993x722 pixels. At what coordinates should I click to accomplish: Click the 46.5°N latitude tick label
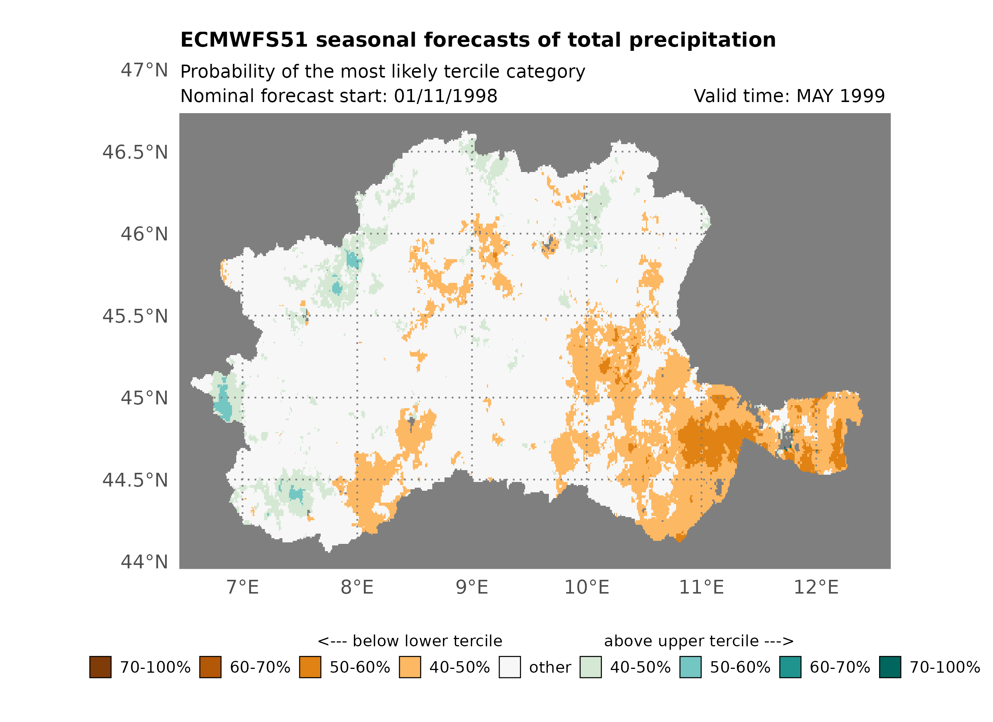(x=135, y=153)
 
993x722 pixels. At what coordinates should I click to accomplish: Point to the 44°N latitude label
(x=144, y=562)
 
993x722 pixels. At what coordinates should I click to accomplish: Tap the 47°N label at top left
(x=144, y=70)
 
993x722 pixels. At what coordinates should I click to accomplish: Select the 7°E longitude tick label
(x=243, y=587)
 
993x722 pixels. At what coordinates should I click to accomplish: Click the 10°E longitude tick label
(x=586, y=587)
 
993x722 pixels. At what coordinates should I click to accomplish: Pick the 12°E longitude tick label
(x=816, y=587)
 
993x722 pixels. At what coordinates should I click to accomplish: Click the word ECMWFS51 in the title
(x=244, y=40)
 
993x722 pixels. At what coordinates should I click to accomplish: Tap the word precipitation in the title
(x=702, y=40)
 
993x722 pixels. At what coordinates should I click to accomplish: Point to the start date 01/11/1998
(x=445, y=96)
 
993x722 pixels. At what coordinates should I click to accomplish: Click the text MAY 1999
(x=840, y=96)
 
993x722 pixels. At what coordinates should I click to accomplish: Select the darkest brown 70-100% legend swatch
(x=100, y=667)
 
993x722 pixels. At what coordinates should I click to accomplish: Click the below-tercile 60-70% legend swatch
(x=210, y=667)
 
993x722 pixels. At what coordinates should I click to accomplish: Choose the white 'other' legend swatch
(x=509, y=667)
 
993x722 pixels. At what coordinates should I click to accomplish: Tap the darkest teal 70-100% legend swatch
(x=890, y=667)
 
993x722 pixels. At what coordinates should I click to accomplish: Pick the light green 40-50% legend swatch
(x=590, y=667)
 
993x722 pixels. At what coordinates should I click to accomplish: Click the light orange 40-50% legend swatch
(x=410, y=667)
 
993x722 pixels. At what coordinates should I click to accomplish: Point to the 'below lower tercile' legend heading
(x=410, y=641)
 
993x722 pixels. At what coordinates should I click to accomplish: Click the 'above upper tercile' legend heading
(x=698, y=641)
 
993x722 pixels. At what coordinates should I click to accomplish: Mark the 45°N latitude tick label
(x=144, y=398)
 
